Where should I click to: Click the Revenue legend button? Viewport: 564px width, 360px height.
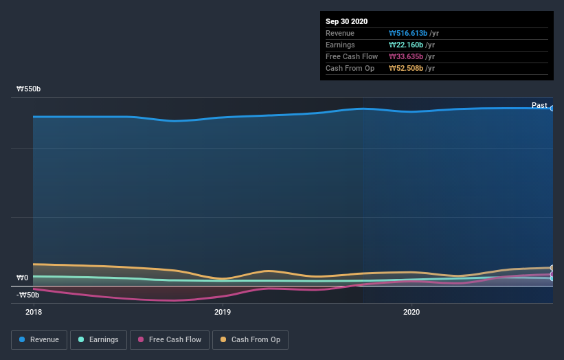[x=39, y=339]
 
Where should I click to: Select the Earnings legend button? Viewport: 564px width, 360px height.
[x=98, y=339]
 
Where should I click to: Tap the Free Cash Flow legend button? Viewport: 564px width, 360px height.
[x=169, y=339]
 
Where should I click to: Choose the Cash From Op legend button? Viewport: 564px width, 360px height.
[x=250, y=339]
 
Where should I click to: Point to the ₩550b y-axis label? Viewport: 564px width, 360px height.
[x=29, y=89]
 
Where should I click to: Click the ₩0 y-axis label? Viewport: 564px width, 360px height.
[x=23, y=278]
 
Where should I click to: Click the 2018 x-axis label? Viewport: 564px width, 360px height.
[x=33, y=312]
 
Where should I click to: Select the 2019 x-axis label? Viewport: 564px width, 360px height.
[x=222, y=312]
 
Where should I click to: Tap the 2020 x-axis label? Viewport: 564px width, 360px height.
[x=411, y=312]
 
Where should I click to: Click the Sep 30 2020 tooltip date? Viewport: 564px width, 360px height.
[x=347, y=21]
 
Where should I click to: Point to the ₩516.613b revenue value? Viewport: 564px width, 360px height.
[x=407, y=33]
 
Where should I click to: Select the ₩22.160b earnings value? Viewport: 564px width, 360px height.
[x=405, y=45]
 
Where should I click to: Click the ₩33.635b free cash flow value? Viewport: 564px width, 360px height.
[x=405, y=56]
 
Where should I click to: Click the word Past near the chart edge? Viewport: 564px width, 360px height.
[x=539, y=105]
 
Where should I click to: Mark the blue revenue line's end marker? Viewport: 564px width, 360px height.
[x=552, y=109]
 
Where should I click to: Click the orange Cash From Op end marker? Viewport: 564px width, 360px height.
[x=552, y=268]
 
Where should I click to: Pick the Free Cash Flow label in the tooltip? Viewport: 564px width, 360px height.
[x=352, y=56]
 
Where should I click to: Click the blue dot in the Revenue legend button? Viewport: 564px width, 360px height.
[x=23, y=339]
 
